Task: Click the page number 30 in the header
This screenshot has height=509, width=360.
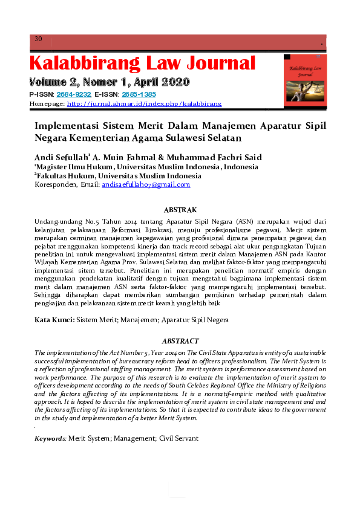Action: (x=38, y=39)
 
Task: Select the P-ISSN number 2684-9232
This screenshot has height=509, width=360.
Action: (x=75, y=95)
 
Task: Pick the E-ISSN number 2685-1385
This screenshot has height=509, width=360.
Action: (x=139, y=95)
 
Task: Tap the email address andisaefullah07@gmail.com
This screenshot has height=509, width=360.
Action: (x=146, y=184)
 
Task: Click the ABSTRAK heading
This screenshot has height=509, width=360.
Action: (x=180, y=210)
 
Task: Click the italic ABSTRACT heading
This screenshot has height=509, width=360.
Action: (x=180, y=341)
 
